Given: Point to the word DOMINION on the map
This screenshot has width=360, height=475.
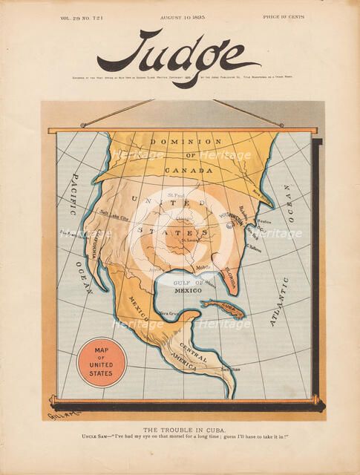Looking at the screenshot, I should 186,141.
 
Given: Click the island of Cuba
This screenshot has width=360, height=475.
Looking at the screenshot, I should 223,307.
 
